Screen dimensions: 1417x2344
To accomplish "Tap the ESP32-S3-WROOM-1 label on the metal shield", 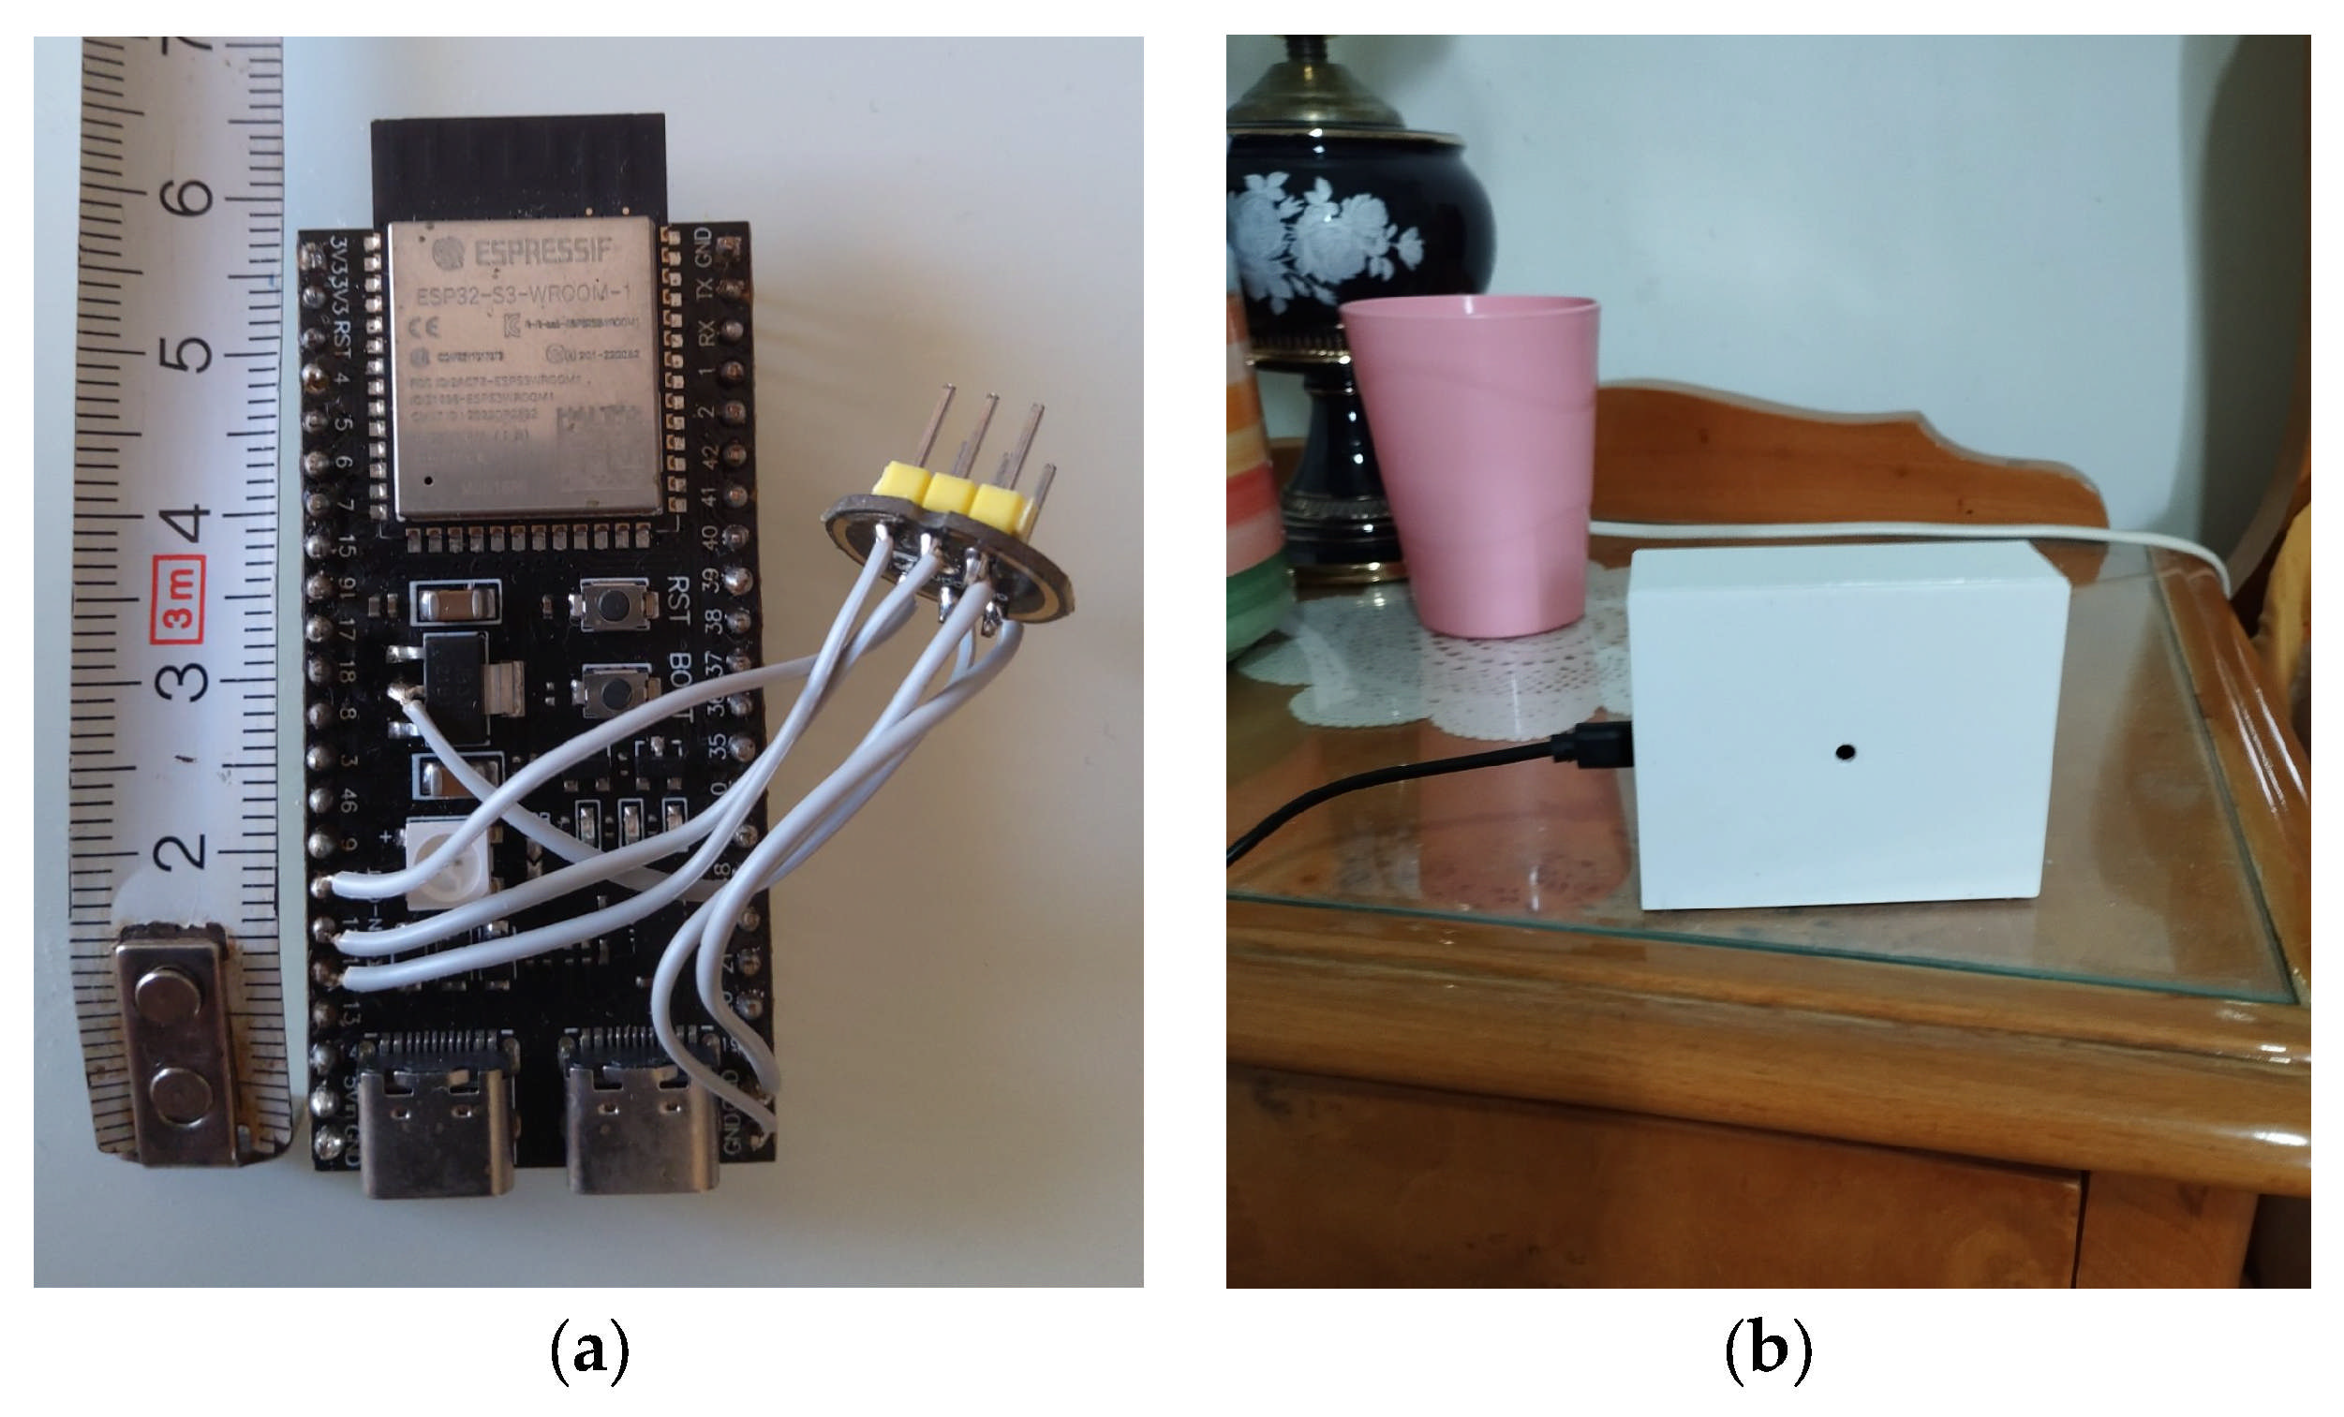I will tap(522, 294).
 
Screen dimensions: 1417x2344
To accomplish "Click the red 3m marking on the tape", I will tap(180, 600).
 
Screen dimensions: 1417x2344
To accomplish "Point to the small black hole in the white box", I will tap(1845, 752).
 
